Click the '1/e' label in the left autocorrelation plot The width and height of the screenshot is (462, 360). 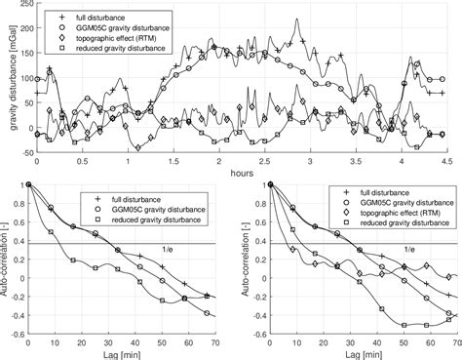point(170,251)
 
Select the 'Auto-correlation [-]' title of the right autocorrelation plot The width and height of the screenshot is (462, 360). point(240,258)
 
